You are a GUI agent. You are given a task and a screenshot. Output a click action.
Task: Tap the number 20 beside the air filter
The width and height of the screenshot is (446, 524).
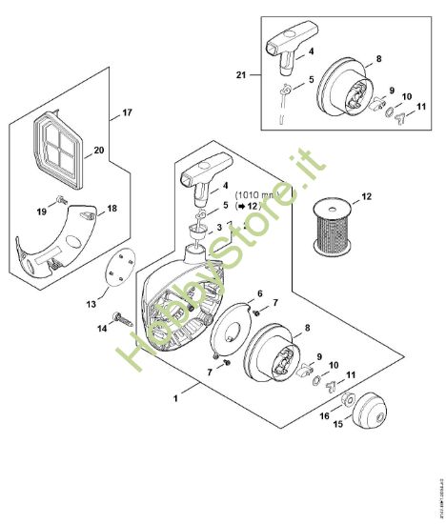(99, 150)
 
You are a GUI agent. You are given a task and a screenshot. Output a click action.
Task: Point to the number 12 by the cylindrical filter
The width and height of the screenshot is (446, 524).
(366, 197)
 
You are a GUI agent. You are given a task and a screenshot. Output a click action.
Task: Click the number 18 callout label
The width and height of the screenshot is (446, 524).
(112, 208)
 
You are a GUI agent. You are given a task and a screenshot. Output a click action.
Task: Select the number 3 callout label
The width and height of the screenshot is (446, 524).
(219, 227)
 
